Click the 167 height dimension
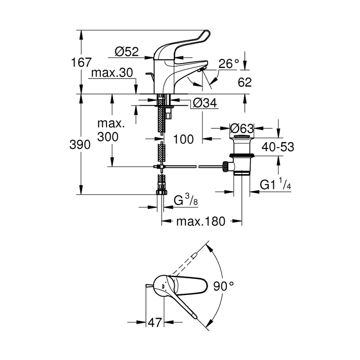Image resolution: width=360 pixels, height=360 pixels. pos(81,63)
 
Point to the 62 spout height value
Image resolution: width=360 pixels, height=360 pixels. pos(244,82)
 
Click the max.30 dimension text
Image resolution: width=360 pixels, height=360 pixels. pos(112,73)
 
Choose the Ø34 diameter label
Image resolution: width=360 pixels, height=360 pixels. pos(204,103)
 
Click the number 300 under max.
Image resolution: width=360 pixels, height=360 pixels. pos(108,137)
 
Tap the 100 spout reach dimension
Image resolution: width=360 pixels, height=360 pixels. pos(184,139)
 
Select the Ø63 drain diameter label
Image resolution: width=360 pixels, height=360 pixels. pos(242,129)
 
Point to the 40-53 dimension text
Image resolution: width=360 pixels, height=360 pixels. pos(278,147)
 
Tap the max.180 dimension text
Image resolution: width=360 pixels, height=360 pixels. pos(201,221)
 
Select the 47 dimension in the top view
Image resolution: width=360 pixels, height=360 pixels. pos(154,322)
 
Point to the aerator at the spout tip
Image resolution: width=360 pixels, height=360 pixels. pos(201,70)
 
